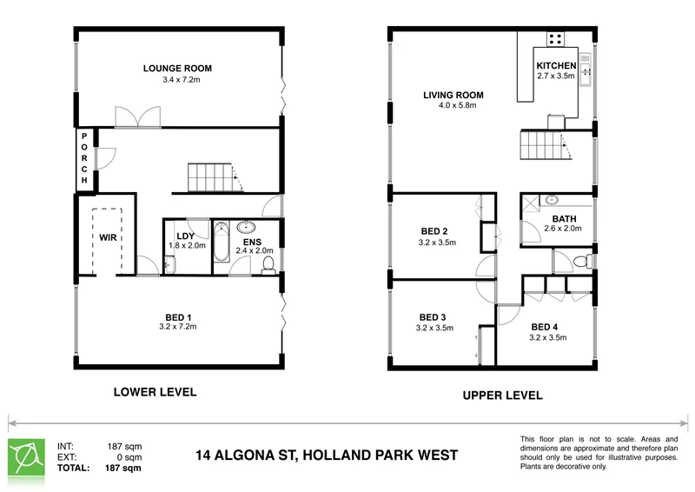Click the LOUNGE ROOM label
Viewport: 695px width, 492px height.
click(x=177, y=69)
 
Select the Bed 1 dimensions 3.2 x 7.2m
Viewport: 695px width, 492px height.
click(x=179, y=328)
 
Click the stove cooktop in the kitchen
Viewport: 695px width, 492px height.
click(x=553, y=39)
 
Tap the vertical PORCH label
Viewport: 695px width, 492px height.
click(x=84, y=158)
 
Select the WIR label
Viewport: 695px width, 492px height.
click(x=108, y=236)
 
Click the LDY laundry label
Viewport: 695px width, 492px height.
click(x=184, y=236)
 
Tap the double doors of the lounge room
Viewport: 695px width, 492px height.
click(x=137, y=117)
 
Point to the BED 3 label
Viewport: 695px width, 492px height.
click(x=433, y=317)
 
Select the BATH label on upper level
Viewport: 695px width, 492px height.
click(x=564, y=219)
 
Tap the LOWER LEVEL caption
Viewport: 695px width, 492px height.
click(x=155, y=392)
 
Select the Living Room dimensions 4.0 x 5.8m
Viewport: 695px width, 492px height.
click(x=453, y=105)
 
